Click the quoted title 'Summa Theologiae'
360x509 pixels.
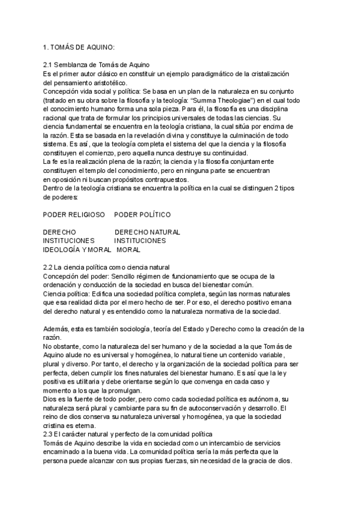(211, 99)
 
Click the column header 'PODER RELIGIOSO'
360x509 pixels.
(74, 214)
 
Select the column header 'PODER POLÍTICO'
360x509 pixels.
(142, 214)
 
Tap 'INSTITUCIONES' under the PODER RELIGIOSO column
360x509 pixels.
(69, 240)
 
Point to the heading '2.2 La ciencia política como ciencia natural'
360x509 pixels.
(107, 267)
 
